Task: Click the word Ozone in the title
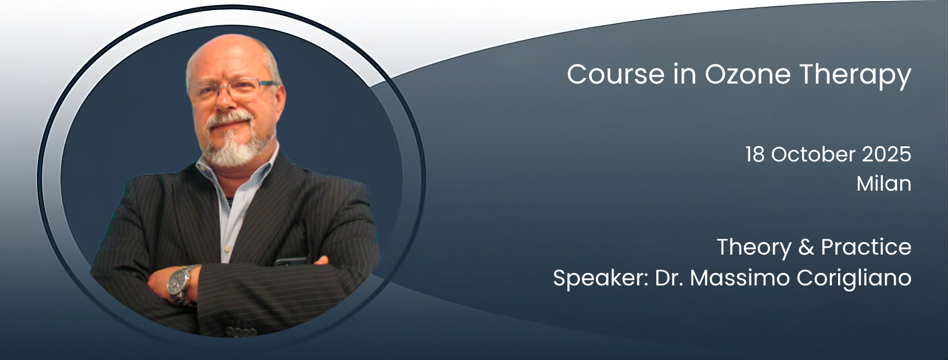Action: [x=747, y=75]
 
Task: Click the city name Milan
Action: [x=884, y=183]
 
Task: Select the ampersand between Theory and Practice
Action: [x=806, y=247]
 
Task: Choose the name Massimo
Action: [x=740, y=278]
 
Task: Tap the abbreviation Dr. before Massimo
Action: [x=669, y=278]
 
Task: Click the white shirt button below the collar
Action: [x=228, y=248]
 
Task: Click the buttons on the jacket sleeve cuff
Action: [x=241, y=330]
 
